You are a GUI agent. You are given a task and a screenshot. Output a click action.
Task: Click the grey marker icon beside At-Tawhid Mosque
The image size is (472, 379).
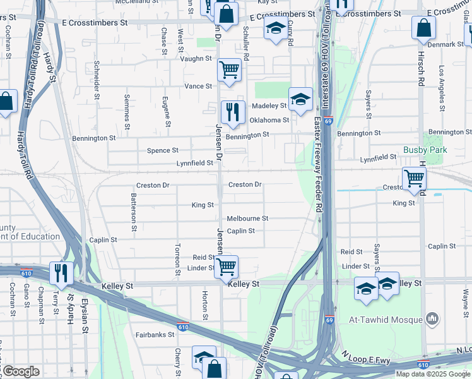pyautogui.click(x=432, y=318)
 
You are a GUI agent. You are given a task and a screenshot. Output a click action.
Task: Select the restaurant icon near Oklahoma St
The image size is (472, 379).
pyautogui.click(x=233, y=112)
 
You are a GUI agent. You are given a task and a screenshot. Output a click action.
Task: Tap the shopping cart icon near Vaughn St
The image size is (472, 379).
pyautogui.click(x=229, y=69)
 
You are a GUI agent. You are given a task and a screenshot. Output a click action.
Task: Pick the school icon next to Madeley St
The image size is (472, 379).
pyautogui.click(x=301, y=99)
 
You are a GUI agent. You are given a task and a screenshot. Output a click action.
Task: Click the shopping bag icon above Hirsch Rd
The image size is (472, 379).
pyautogui.click(x=423, y=28)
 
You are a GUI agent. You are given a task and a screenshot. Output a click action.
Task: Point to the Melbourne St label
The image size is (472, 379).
pyautogui.click(x=247, y=219)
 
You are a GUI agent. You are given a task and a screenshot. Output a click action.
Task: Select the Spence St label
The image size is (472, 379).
pyautogui.click(x=162, y=150)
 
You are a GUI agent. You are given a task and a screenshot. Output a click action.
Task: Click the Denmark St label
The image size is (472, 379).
pyautogui.click(x=444, y=44)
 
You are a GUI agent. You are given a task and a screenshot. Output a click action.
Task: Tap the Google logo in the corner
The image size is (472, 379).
pyautogui.click(x=20, y=371)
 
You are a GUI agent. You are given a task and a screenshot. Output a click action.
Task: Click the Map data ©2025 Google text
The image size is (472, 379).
pyautogui.click(x=434, y=374)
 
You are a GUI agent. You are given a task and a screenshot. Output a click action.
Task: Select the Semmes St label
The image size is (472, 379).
pyautogui.click(x=127, y=116)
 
